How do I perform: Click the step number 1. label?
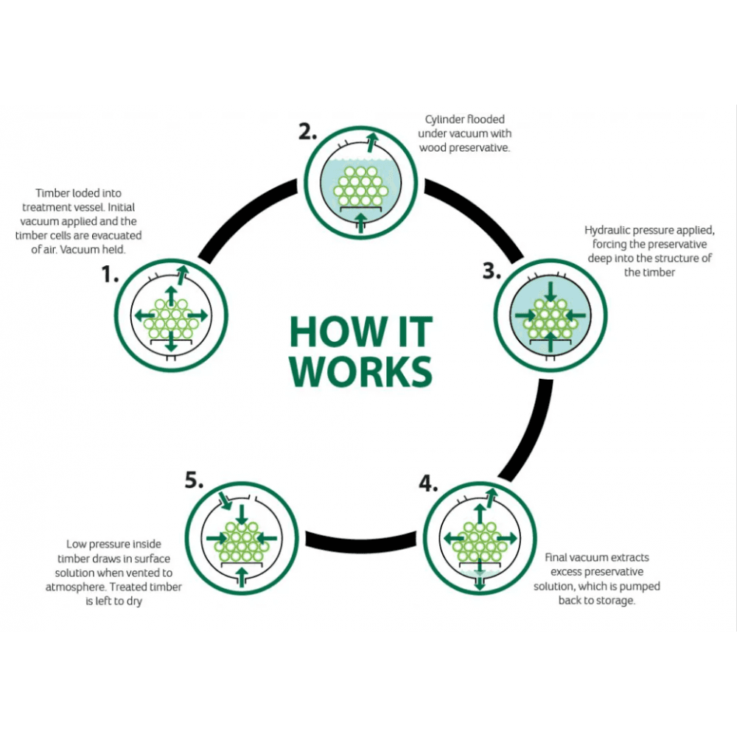pyautogui.click(x=110, y=275)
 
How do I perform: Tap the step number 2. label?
pyautogui.click(x=308, y=132)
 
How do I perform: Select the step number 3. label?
pyautogui.click(x=492, y=270)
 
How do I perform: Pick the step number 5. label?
pyautogui.click(x=194, y=481)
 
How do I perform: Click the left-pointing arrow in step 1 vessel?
pyautogui.click(x=142, y=315)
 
